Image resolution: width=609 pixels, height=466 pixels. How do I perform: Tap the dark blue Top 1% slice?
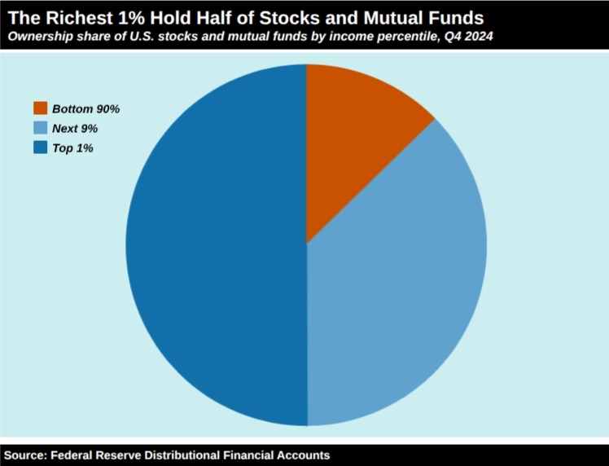[x=217, y=245]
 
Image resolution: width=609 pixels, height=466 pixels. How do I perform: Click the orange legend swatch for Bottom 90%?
[x=41, y=108]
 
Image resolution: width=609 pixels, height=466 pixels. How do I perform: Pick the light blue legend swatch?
[x=41, y=128]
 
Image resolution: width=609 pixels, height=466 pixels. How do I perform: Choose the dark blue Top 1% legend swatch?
[x=41, y=147]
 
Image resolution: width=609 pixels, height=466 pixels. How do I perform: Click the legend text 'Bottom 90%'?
[x=85, y=109]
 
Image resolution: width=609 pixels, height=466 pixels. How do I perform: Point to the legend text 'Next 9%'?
[x=75, y=128]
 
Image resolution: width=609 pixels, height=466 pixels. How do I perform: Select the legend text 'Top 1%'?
[x=73, y=148]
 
